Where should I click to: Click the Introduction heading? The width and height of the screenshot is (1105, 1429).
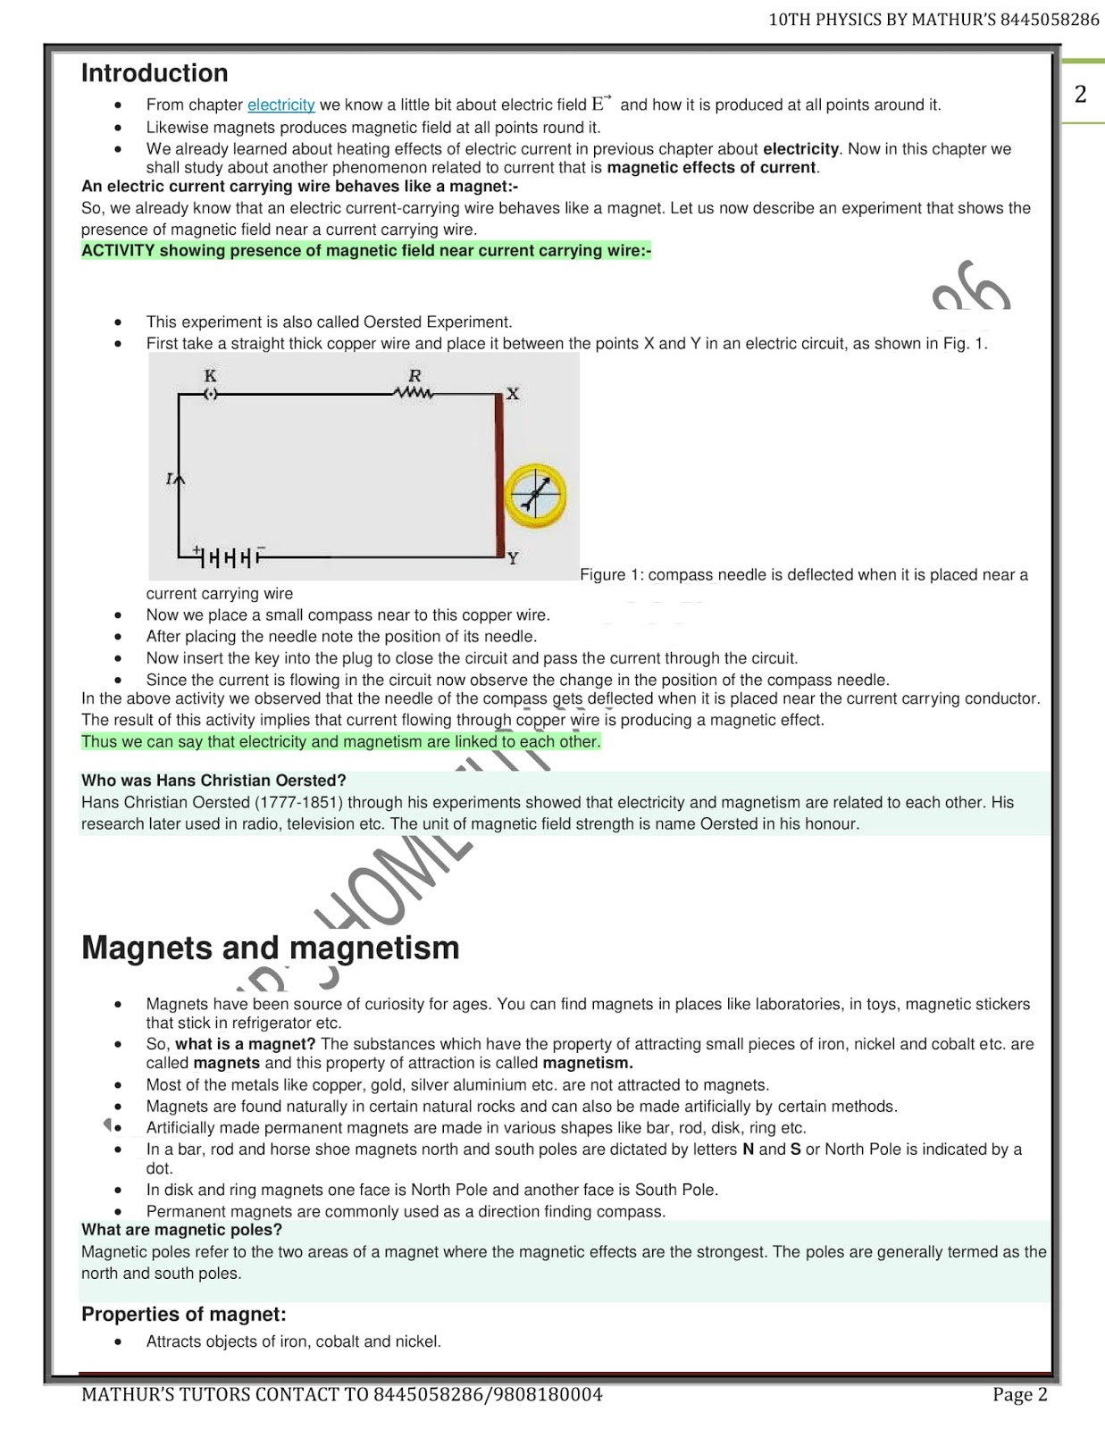coord(155,73)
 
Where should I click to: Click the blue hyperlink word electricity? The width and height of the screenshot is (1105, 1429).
coord(280,105)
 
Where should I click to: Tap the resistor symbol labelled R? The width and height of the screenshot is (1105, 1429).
coord(414,392)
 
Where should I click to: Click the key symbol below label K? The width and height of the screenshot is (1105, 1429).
coord(211,394)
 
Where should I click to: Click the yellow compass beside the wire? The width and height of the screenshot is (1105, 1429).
coord(535,495)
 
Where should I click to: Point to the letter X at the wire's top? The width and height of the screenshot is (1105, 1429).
coord(513,394)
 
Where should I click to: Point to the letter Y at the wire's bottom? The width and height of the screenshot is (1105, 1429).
coord(513,559)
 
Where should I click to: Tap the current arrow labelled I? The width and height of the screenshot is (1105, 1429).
coord(178,481)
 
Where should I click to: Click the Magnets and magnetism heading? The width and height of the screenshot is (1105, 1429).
coord(270,948)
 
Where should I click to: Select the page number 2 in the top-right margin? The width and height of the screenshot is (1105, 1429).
coord(1081,94)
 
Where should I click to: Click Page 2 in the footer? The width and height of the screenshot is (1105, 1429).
coord(1019,1395)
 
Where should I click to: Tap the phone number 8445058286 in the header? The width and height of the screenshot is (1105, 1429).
coord(1050,20)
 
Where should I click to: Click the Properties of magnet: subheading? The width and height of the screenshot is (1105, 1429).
coord(184,1315)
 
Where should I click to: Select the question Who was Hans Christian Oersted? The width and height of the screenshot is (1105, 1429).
coord(213,781)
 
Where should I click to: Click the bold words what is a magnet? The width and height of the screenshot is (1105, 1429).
coord(246,1044)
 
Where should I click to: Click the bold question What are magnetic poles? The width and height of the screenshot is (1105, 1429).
coord(181,1230)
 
